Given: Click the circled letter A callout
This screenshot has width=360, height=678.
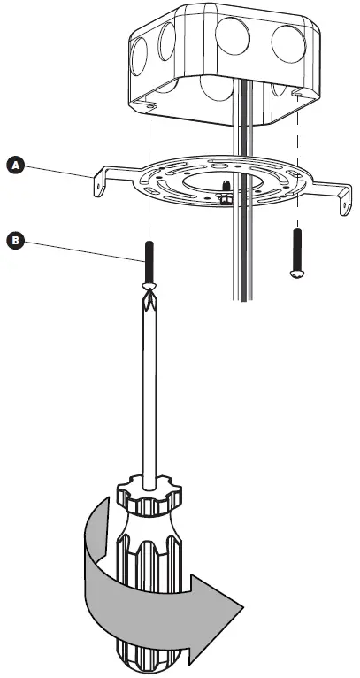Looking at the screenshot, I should (14, 165).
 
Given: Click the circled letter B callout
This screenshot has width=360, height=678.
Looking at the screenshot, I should (14, 239).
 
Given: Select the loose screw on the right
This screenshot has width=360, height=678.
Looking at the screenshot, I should (297, 254).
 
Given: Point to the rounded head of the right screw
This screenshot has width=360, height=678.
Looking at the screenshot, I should (297, 275).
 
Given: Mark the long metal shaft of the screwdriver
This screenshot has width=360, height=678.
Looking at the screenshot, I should (145, 389).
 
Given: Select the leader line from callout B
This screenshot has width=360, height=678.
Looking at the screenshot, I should (80, 248).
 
